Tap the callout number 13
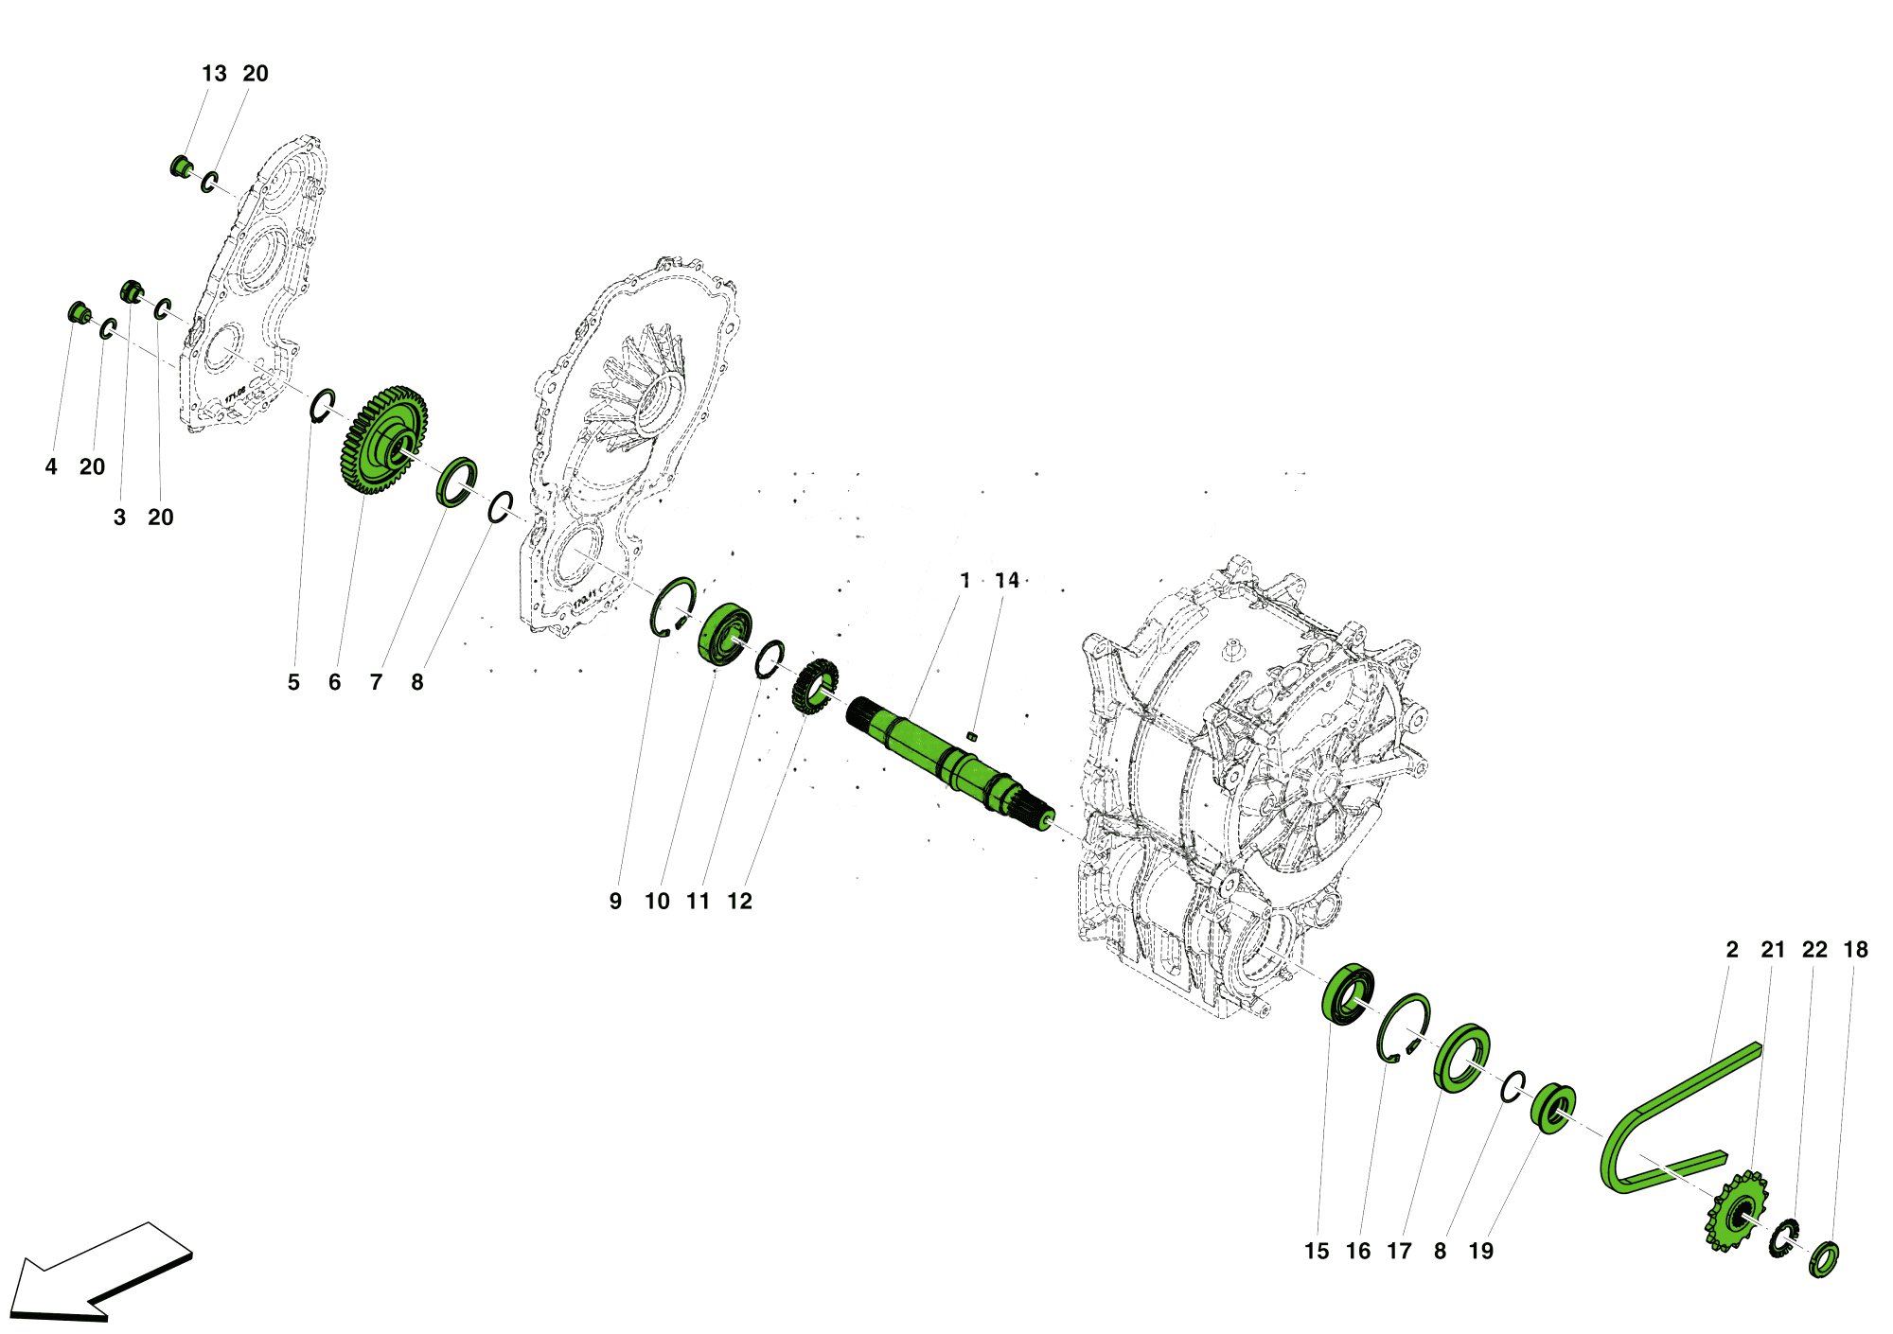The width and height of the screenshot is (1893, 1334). pyautogui.click(x=214, y=74)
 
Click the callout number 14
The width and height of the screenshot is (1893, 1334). pyautogui.click(x=1007, y=580)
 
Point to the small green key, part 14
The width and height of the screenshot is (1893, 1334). pyautogui.click(x=971, y=735)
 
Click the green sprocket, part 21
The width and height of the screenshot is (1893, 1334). pyautogui.click(x=1736, y=1211)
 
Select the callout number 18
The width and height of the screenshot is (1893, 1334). pyautogui.click(x=1855, y=949)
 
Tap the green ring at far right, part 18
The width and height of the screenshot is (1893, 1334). pyautogui.click(x=1824, y=1259)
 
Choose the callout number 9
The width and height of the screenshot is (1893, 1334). pyautogui.click(x=615, y=901)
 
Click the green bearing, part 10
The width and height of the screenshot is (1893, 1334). pyautogui.click(x=725, y=633)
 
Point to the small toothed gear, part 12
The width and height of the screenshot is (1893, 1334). pyautogui.click(x=815, y=687)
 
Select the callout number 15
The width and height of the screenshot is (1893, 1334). pyautogui.click(x=1317, y=1251)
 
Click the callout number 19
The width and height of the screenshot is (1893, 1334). pyautogui.click(x=1480, y=1251)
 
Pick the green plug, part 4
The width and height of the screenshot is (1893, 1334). pyautogui.click(x=79, y=311)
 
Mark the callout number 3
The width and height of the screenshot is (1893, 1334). pyautogui.click(x=119, y=518)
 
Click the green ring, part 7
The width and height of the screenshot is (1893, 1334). pyautogui.click(x=456, y=482)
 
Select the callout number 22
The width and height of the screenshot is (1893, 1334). pyautogui.click(x=1814, y=949)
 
